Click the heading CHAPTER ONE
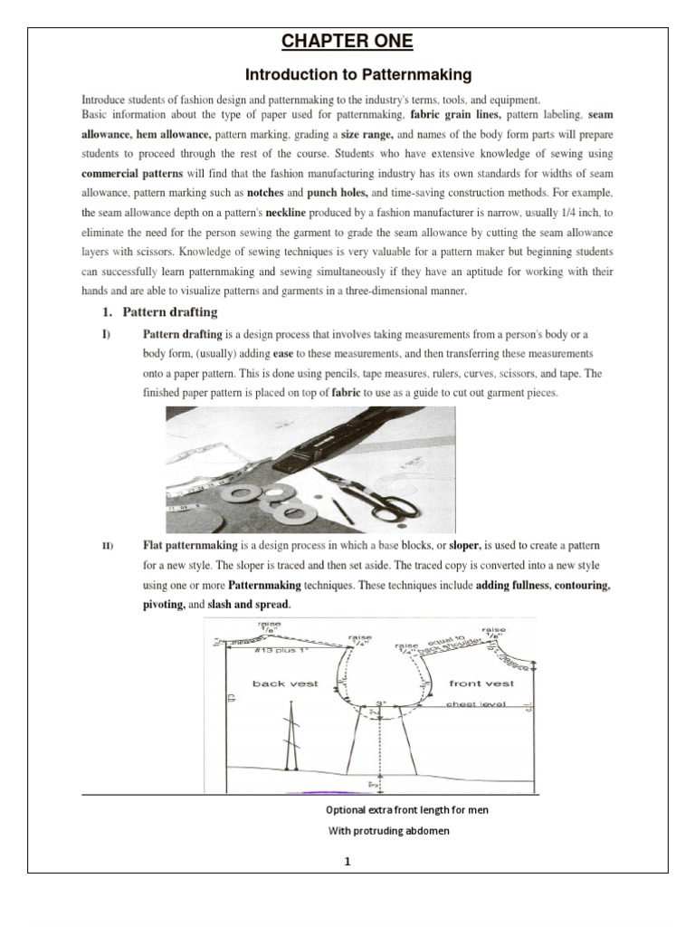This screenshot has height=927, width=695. click(347, 42)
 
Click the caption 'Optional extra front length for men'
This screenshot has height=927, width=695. click(407, 810)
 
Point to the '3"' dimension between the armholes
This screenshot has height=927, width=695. click(382, 701)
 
